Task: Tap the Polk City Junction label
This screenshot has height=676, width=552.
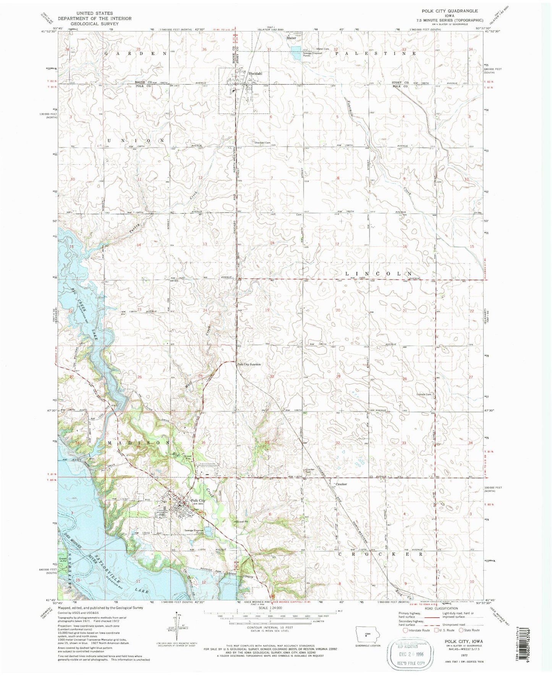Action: [249, 364]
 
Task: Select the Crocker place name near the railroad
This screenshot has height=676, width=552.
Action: [341, 484]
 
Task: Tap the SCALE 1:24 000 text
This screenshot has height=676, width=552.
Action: [270, 608]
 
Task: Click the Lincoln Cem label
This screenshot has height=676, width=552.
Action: [424, 395]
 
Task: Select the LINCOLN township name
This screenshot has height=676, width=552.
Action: [379, 274]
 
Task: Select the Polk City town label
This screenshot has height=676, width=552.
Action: [198, 500]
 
